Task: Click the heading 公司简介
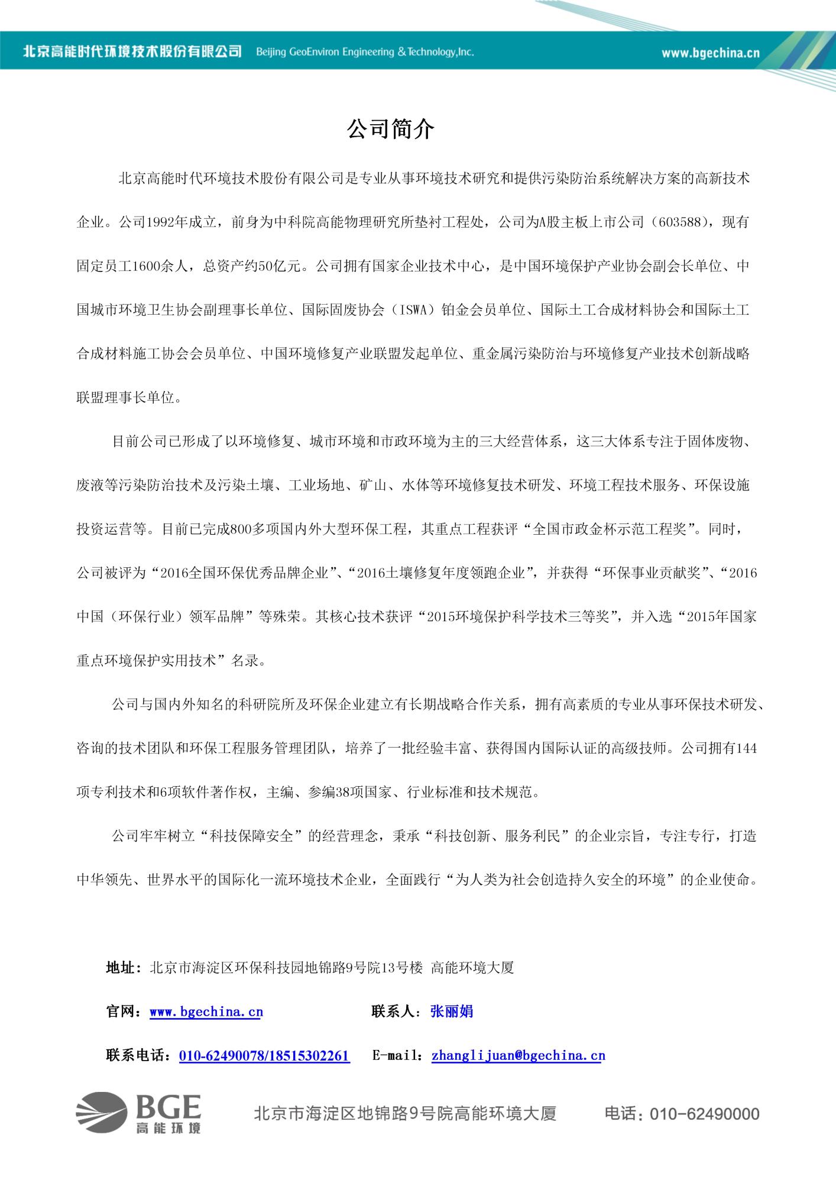[x=391, y=130]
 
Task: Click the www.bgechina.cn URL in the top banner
[x=710, y=53]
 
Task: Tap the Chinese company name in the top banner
[x=132, y=51]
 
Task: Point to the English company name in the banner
[x=365, y=52]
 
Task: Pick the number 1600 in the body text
[x=147, y=266]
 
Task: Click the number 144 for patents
[x=746, y=748]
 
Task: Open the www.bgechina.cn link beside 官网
[x=206, y=1011]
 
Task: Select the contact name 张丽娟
[x=451, y=1011]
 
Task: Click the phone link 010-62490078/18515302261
[x=264, y=1056]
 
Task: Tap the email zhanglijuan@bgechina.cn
[x=518, y=1056]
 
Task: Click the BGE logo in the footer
[x=139, y=1113]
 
